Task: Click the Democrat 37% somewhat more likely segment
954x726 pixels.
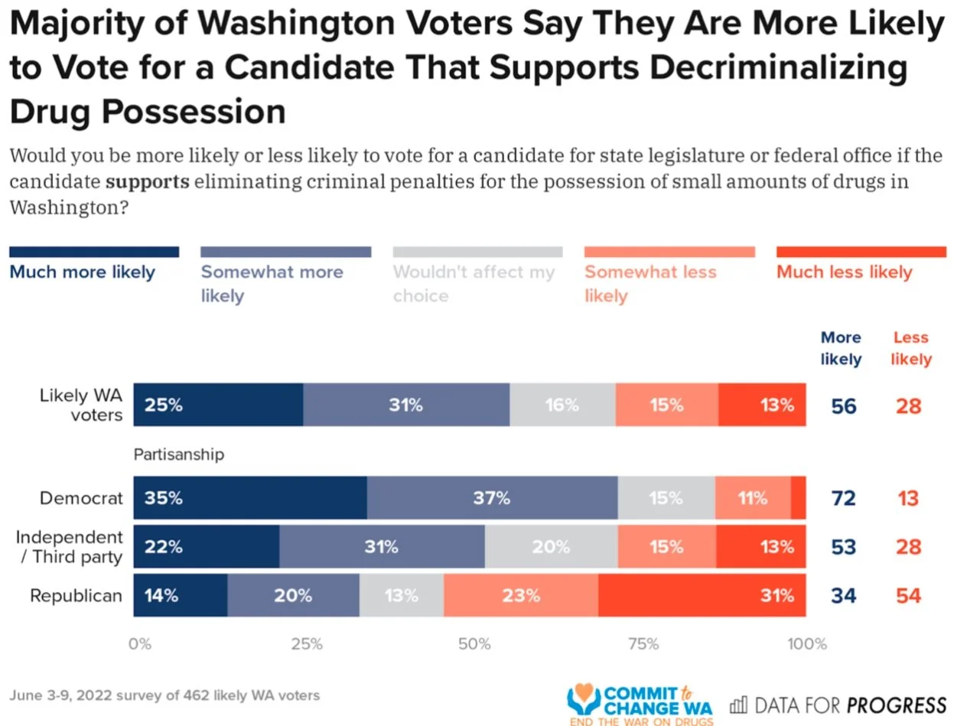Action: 492,499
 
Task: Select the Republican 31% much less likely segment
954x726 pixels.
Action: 702,595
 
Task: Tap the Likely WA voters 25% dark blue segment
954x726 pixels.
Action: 218,405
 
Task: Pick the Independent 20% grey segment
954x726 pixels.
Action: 551,547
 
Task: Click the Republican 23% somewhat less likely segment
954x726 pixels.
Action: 520,595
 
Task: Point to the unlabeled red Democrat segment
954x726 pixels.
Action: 798,499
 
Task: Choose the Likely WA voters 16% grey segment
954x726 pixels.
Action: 562,405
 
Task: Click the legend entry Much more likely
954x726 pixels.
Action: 82,272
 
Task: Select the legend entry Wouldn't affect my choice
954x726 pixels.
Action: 474,283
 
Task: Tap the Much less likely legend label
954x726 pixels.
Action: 845,272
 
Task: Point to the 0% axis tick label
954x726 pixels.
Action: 140,644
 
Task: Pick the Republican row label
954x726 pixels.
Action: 76,595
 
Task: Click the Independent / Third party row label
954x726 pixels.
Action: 70,546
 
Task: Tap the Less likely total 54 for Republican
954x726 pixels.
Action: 908,595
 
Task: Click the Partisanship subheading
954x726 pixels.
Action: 179,455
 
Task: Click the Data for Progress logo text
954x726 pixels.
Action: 838,705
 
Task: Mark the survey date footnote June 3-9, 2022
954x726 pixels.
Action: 164,695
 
